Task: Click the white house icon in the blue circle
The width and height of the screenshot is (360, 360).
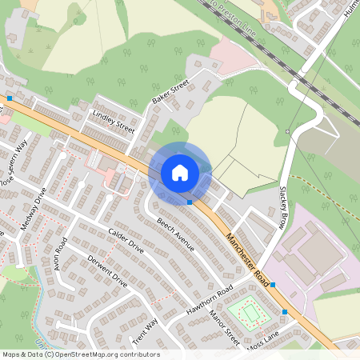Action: point(180,172)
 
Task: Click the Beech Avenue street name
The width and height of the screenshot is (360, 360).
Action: point(175,234)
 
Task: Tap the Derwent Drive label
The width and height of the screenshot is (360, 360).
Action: point(109,271)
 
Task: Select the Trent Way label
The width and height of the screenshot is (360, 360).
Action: point(145,330)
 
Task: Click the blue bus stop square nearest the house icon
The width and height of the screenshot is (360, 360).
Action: point(189,202)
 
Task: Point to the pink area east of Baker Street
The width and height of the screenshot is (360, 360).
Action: point(233,56)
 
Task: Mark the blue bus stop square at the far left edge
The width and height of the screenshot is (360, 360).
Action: point(10,98)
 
